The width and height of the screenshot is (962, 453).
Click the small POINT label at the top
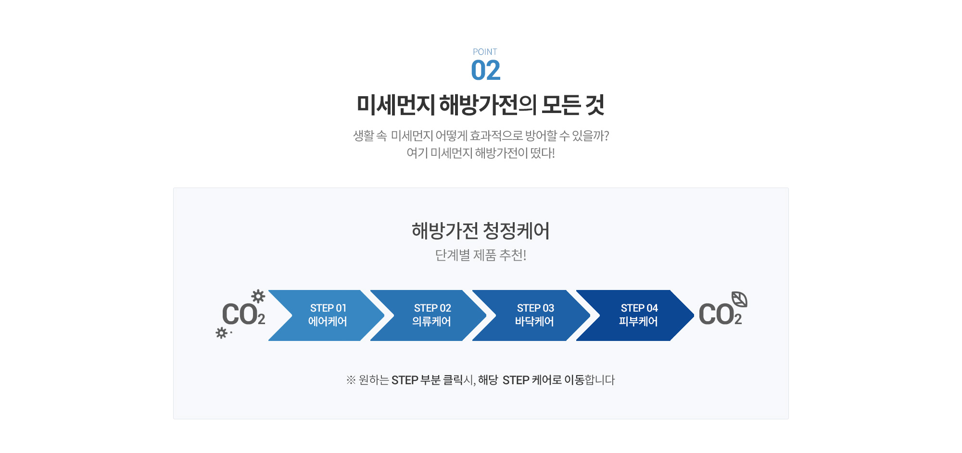[x=485, y=52]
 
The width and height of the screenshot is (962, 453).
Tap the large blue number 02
[x=486, y=70]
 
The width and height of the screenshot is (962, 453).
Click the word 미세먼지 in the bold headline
[x=395, y=105]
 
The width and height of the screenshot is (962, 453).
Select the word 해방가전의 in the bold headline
[x=488, y=105]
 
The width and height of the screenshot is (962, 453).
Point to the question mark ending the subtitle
[x=606, y=136]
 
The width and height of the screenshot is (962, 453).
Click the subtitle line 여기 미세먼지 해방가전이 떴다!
[x=481, y=153]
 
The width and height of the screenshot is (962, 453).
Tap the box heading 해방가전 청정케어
[x=481, y=231]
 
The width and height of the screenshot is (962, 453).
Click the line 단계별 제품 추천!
[x=481, y=255]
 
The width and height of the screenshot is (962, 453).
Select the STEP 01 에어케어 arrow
[x=327, y=315]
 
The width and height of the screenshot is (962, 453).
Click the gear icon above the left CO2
[x=258, y=296]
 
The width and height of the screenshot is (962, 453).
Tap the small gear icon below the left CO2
[x=221, y=333]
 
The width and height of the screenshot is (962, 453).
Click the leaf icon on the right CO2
[x=739, y=299]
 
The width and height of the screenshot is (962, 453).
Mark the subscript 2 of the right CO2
[x=738, y=319]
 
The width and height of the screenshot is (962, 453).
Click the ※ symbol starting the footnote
[x=351, y=380]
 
